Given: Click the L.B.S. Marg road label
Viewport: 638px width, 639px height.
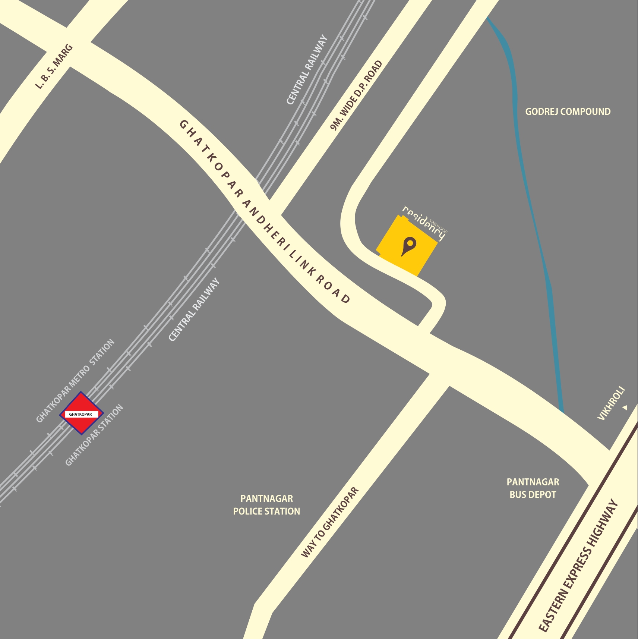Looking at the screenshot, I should (54, 67).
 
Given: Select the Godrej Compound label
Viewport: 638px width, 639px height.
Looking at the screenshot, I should (568, 111).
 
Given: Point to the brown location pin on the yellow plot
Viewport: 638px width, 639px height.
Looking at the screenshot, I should (409, 246).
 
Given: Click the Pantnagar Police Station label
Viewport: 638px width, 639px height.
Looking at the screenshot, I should (266, 505).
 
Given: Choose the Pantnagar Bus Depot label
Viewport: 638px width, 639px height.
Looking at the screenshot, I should (533, 488).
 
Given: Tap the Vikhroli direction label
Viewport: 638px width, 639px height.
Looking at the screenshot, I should (611, 404).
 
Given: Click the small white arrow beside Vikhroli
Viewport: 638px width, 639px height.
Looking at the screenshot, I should (625, 408).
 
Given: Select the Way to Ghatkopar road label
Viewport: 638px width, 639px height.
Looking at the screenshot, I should (329, 522).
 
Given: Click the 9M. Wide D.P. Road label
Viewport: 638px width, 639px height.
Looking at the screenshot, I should (356, 96).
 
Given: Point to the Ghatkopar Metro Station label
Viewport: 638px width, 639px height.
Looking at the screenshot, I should (75, 381).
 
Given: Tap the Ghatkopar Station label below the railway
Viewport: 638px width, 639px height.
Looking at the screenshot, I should (94, 435).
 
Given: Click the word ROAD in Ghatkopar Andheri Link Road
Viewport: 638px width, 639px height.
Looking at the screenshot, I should (333, 289).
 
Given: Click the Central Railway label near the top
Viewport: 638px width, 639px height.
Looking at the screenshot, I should (307, 70).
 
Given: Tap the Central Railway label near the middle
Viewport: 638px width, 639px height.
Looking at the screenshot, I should (194, 310).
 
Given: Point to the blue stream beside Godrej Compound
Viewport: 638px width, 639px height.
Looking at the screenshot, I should (522, 149).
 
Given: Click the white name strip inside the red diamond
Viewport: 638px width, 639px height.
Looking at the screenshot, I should (81, 414).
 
